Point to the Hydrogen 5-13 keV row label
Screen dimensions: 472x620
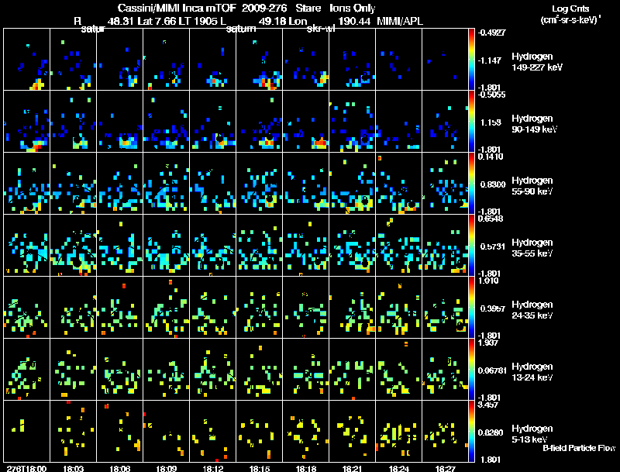(533, 433)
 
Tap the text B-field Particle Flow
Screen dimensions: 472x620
(578, 448)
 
